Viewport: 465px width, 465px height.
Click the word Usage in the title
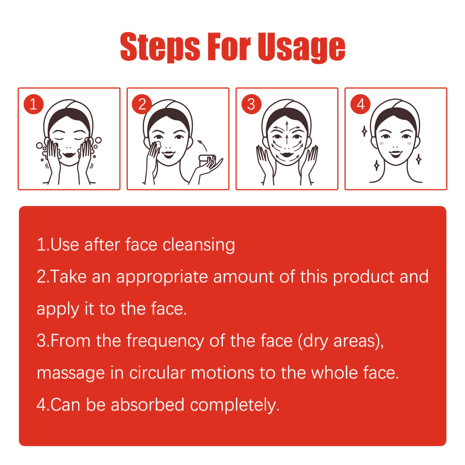click(x=301, y=47)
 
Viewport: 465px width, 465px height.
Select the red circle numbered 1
click(x=33, y=104)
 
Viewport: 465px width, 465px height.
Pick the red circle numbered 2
click(x=142, y=104)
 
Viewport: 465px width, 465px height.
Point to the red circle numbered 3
click(x=251, y=104)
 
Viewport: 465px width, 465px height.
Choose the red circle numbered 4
click(x=360, y=104)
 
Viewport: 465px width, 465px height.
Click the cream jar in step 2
click(x=207, y=160)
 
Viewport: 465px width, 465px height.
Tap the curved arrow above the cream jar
click(x=202, y=145)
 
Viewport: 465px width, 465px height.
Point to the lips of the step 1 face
click(x=69, y=154)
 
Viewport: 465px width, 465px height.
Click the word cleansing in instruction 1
click(x=199, y=245)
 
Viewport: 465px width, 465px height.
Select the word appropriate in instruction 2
click(x=162, y=277)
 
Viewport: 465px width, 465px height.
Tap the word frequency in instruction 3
click(x=165, y=341)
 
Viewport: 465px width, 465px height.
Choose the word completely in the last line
click(x=235, y=405)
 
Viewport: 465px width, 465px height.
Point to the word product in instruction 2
click(x=364, y=277)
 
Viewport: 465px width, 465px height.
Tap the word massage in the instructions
click(x=71, y=373)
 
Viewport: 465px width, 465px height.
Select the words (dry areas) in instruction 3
click(x=341, y=341)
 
